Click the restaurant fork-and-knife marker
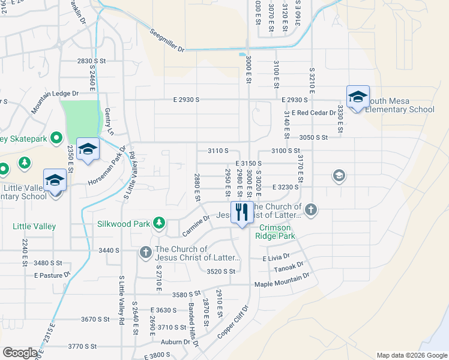tap(242, 212)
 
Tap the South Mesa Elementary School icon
tap(357, 97)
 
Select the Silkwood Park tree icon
tap(159, 223)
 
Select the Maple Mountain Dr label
tap(282, 280)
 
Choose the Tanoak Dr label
tap(291, 268)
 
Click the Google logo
tap(20, 352)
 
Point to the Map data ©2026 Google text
tap(411, 355)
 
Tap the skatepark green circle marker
tap(56, 139)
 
